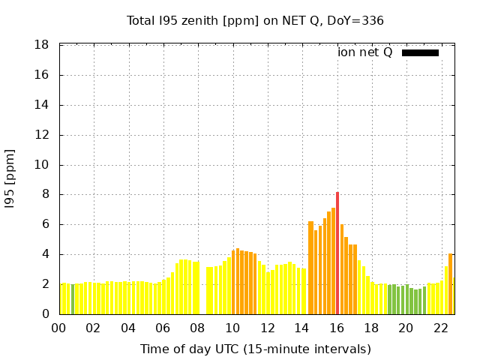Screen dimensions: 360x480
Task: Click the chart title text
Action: point(255,20)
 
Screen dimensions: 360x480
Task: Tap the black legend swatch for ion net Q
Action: point(420,52)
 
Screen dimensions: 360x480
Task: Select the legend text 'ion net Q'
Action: point(364,52)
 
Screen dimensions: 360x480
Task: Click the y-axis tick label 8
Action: point(45,194)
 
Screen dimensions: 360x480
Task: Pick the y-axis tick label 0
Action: point(45,314)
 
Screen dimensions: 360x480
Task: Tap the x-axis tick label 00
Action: point(58,328)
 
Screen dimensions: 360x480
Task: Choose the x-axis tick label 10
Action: point(232,328)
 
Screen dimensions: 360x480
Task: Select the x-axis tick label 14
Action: point(301,328)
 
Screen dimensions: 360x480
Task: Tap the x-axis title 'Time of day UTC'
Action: point(255,349)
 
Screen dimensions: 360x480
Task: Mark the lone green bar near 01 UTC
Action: point(73,299)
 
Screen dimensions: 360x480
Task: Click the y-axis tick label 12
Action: point(42,135)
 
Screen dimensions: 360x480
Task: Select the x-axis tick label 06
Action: point(163,328)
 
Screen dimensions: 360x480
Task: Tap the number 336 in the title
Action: point(373,20)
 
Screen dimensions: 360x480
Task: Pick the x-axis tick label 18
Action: point(371,328)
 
